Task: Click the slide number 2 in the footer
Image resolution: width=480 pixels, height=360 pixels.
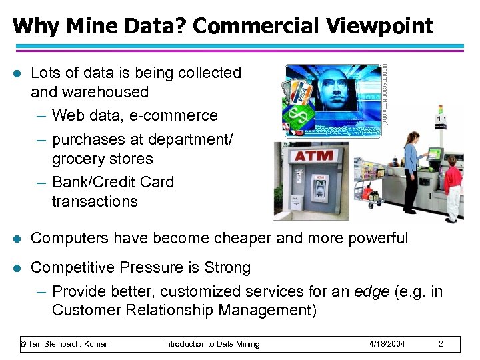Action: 441,344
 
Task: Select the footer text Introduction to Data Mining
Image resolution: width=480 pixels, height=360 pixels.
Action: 212,344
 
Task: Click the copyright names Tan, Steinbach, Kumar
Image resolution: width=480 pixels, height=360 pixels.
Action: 64,344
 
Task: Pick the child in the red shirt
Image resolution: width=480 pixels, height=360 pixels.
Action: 453,187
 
